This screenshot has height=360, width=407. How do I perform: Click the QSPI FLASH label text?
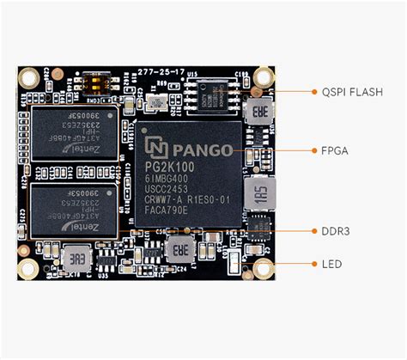pyautogui.click(x=353, y=92)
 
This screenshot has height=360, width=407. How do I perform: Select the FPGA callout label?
pyautogui.click(x=334, y=149)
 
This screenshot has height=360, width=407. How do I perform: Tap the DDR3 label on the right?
pyautogui.click(x=335, y=231)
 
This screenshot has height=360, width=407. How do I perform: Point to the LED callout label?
pyautogui.click(x=331, y=264)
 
